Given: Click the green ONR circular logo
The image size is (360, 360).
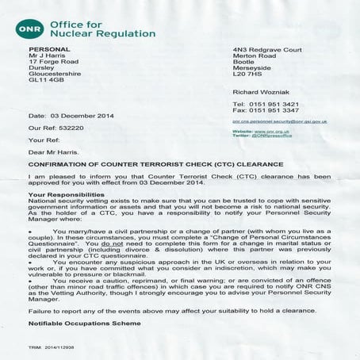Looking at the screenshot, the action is tap(29, 29).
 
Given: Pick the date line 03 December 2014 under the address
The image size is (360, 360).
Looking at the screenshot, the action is tap(71, 116).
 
